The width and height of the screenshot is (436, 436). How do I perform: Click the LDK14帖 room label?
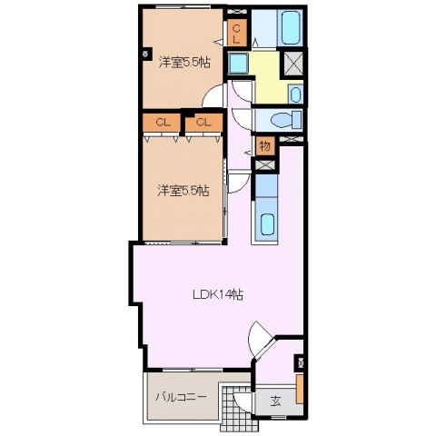coord(218,294)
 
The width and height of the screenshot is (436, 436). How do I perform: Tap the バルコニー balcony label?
coord(181,397)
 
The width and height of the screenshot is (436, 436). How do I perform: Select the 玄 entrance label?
coord(275,401)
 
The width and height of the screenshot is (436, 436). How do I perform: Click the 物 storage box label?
coord(265,146)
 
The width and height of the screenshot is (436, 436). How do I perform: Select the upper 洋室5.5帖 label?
coord(184,63)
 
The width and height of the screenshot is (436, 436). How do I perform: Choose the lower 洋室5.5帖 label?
coord(183,191)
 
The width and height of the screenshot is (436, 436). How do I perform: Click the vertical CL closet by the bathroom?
coord(236,34)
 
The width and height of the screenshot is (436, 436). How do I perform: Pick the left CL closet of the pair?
coord(163,123)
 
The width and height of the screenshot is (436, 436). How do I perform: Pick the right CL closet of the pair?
coord(203,123)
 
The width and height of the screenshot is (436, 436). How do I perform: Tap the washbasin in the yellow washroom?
coord(295,94)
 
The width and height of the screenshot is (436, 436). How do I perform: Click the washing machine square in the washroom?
coord(238,64)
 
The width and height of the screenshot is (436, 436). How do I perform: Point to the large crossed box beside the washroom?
coord(292,63)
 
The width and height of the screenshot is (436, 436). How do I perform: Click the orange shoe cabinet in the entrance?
coord(300,389)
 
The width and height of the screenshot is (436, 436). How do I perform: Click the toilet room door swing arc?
coord(241,121)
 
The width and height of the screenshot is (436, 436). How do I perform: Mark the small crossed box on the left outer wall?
coord(145,54)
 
